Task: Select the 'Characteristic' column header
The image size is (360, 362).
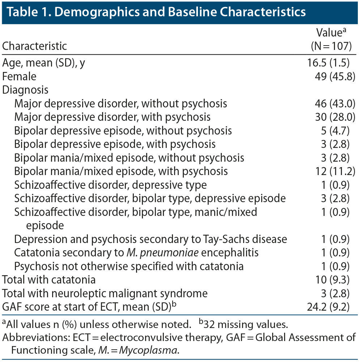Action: tap(34, 46)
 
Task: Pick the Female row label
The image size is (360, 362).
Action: tap(19, 76)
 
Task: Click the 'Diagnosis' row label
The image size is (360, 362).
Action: tap(25, 90)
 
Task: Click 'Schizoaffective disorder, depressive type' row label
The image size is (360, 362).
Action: tap(110, 185)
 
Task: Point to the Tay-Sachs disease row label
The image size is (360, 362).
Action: tap(151, 239)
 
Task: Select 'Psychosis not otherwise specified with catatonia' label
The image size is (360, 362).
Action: tap(129, 266)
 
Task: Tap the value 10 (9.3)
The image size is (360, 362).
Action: tap(331, 280)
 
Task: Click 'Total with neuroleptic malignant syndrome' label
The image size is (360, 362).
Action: tap(105, 293)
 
